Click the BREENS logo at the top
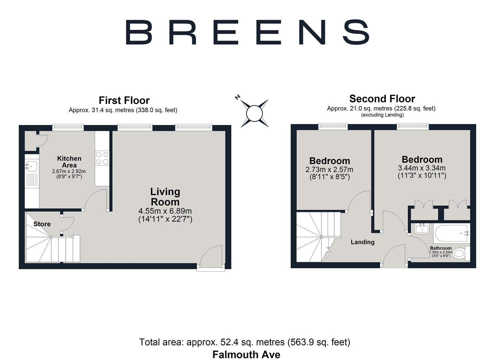point(247,32)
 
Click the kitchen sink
point(32,166)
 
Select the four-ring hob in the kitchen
point(102,158)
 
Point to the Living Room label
point(165,197)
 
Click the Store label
point(42,224)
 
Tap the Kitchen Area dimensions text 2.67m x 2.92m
point(69,171)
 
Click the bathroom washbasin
point(422,228)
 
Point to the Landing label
point(362,242)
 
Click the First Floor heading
point(124,100)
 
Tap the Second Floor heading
point(382,99)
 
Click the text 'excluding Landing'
point(382,115)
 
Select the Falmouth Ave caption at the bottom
point(246,354)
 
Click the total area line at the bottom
point(245,342)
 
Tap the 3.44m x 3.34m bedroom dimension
point(422,168)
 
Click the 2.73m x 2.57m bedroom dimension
point(329,170)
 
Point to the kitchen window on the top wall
point(68,127)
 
